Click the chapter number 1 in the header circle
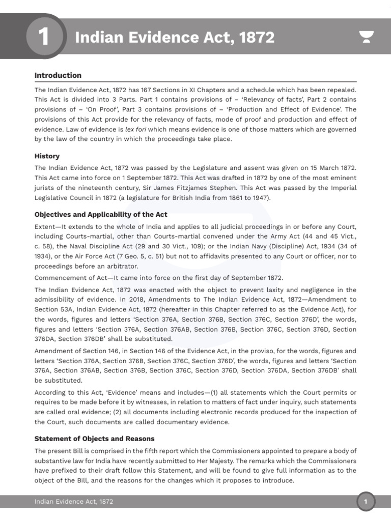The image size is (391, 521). point(44,38)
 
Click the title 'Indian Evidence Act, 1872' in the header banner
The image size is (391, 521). point(175,38)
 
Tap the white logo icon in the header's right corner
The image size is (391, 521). point(366,38)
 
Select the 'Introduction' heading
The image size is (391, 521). point(58,75)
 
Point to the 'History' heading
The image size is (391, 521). point(47,156)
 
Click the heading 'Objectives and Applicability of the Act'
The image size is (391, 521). point(101,214)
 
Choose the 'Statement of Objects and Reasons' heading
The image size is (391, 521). point(94,438)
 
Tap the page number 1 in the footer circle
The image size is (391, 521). point(365,502)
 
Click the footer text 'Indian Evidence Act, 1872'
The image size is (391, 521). point(74,502)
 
